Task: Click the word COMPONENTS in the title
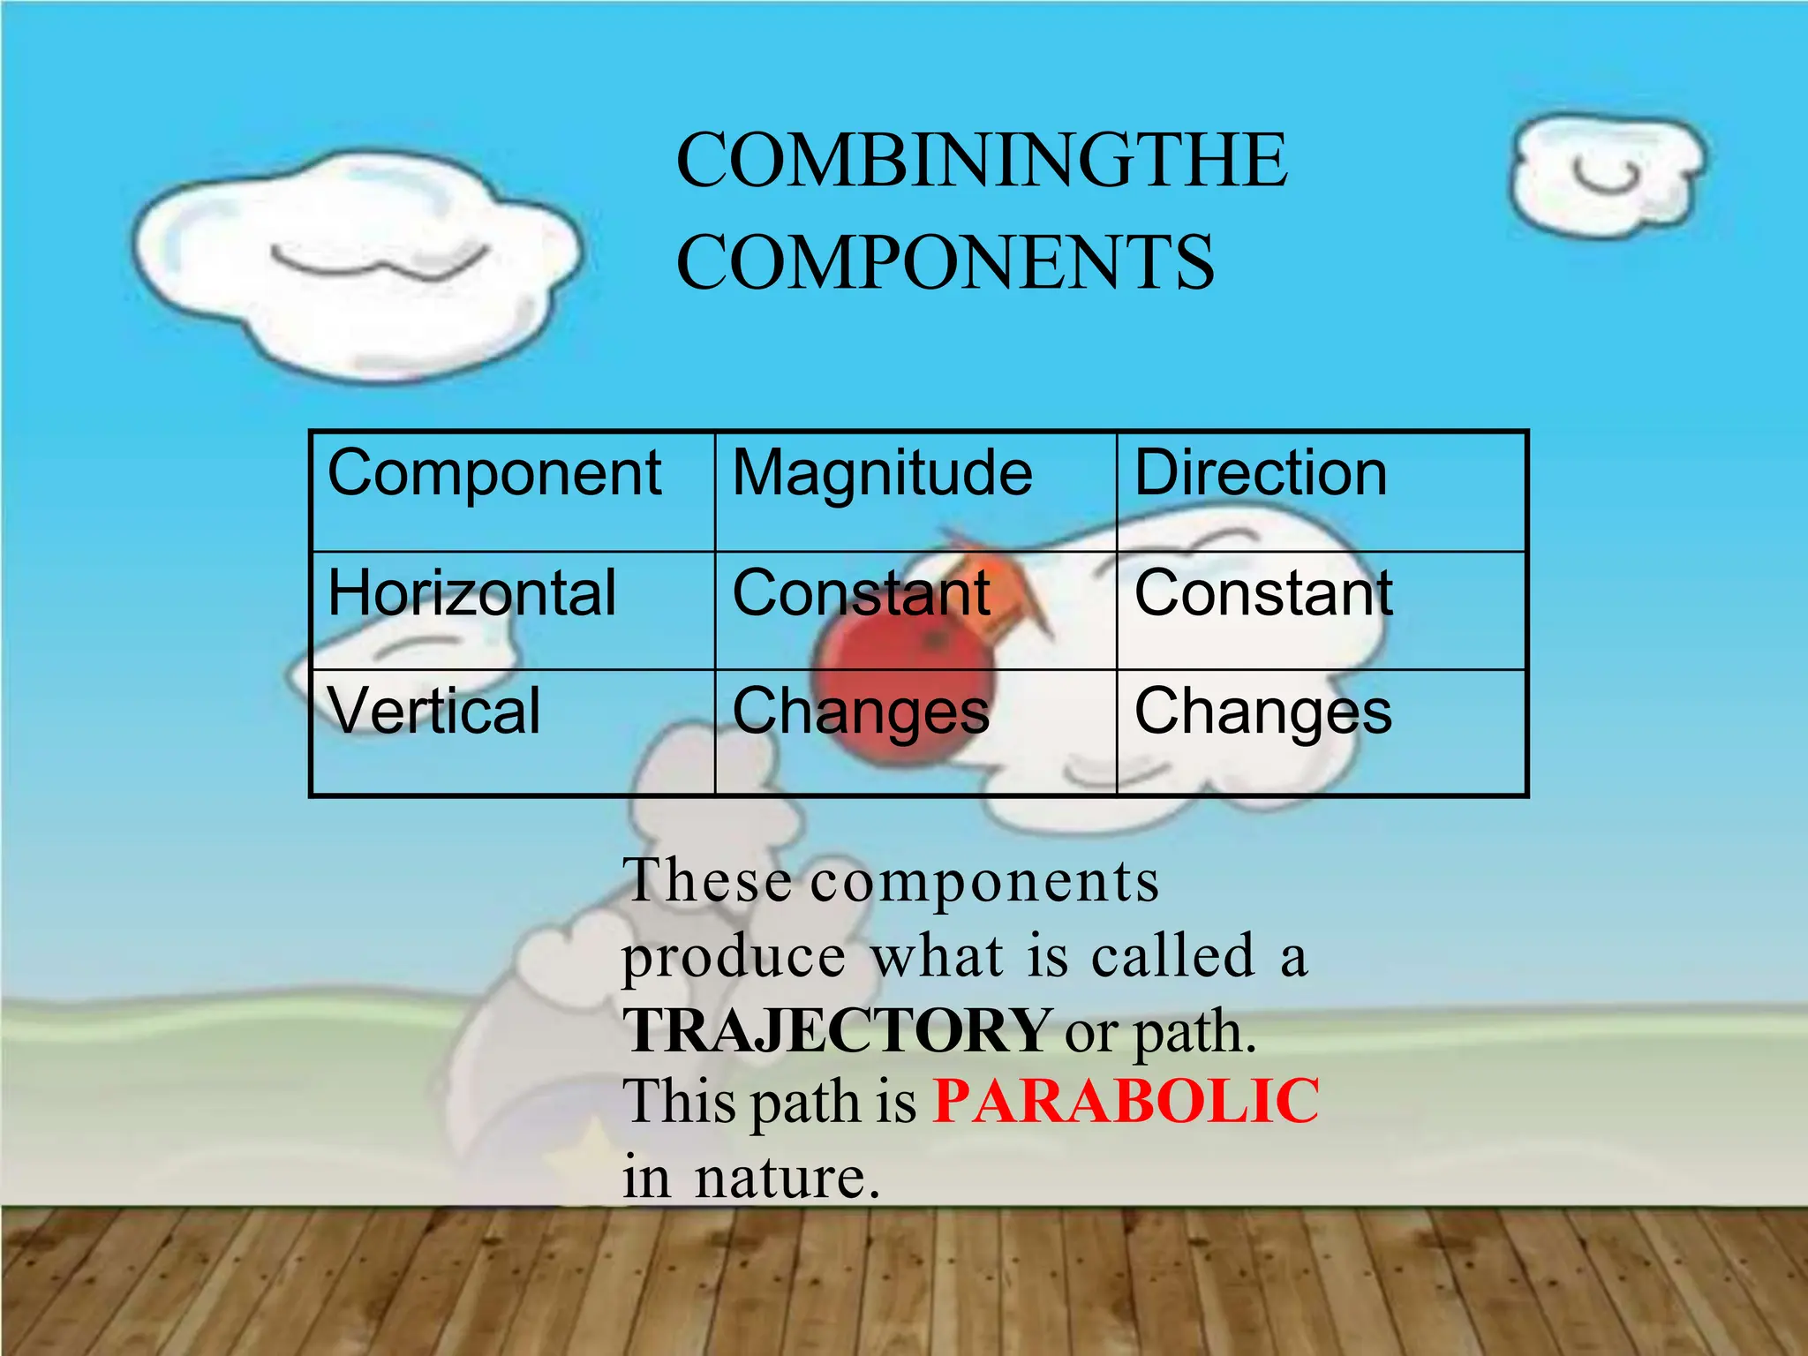point(945,262)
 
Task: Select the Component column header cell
point(494,474)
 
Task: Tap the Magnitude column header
point(882,474)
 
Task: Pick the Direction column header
point(1260,474)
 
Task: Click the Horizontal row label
point(471,593)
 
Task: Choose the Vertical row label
point(433,712)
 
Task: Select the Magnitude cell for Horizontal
point(861,593)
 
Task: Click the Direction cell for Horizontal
point(1263,593)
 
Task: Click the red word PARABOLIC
point(1126,1102)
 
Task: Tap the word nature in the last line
point(787,1177)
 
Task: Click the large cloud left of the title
point(353,265)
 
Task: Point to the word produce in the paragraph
point(734,957)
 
